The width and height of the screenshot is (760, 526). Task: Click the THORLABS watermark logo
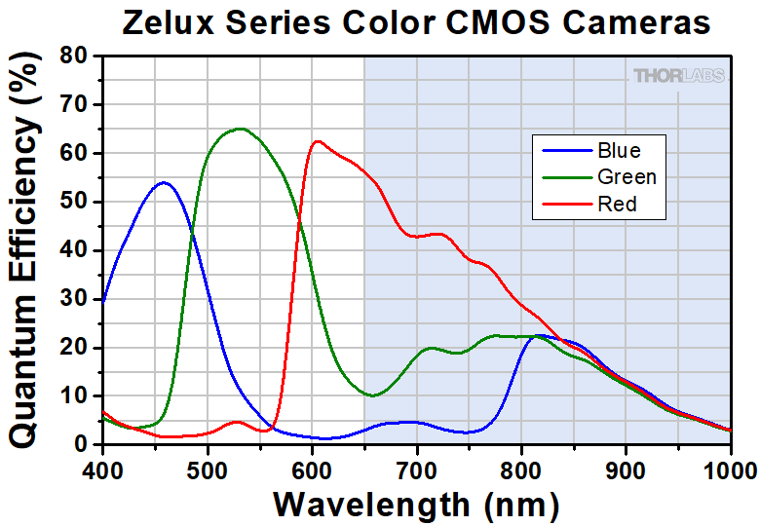click(679, 75)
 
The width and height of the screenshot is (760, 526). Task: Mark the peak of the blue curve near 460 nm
click(164, 182)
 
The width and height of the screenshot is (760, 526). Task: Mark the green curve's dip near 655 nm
click(372, 395)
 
